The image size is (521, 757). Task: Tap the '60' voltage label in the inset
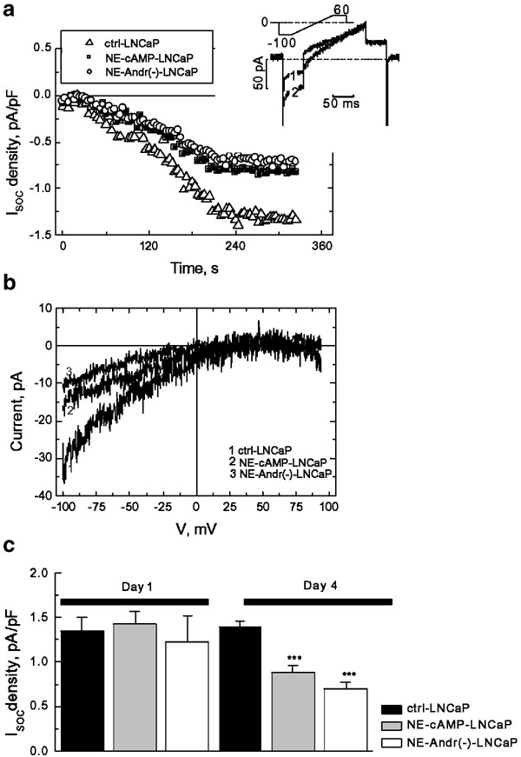pyautogui.click(x=341, y=9)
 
